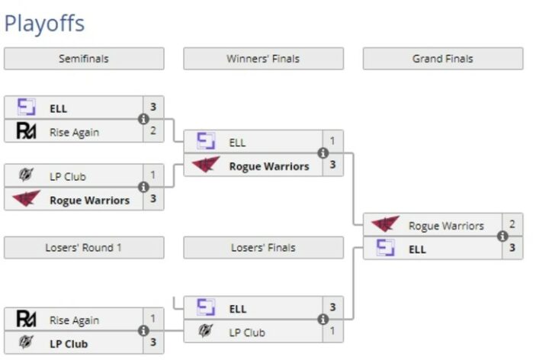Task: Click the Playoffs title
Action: point(44,23)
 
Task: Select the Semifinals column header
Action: point(84,59)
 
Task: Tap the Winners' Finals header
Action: point(263,59)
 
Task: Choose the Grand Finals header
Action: point(442,59)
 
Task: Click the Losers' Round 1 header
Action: point(84,248)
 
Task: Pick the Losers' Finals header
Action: point(263,248)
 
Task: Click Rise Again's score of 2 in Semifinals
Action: point(152,131)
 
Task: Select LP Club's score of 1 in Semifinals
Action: point(152,175)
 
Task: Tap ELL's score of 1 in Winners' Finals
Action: point(332,141)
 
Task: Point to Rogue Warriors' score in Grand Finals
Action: point(512,224)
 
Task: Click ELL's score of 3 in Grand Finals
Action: point(512,248)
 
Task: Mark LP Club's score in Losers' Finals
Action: point(332,331)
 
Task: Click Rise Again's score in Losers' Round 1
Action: point(152,319)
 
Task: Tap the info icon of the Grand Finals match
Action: point(502,236)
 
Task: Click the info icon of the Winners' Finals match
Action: point(323,153)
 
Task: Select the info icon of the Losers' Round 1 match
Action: point(143,331)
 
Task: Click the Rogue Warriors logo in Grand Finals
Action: point(386,225)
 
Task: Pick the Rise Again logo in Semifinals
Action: point(27,131)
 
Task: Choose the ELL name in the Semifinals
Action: point(58,108)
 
